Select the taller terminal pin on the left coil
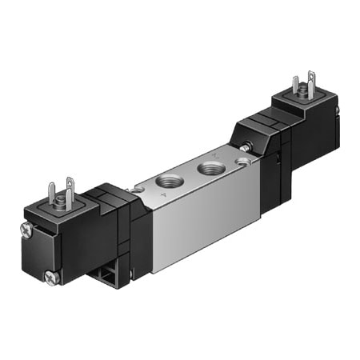(x=68, y=190)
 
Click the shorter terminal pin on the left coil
(x=52, y=194)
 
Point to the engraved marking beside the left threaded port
(x=163, y=194)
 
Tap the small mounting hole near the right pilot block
(x=242, y=163)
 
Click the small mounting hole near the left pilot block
(x=139, y=189)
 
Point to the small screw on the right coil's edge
(x=338, y=110)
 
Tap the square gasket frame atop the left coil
(x=62, y=210)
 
